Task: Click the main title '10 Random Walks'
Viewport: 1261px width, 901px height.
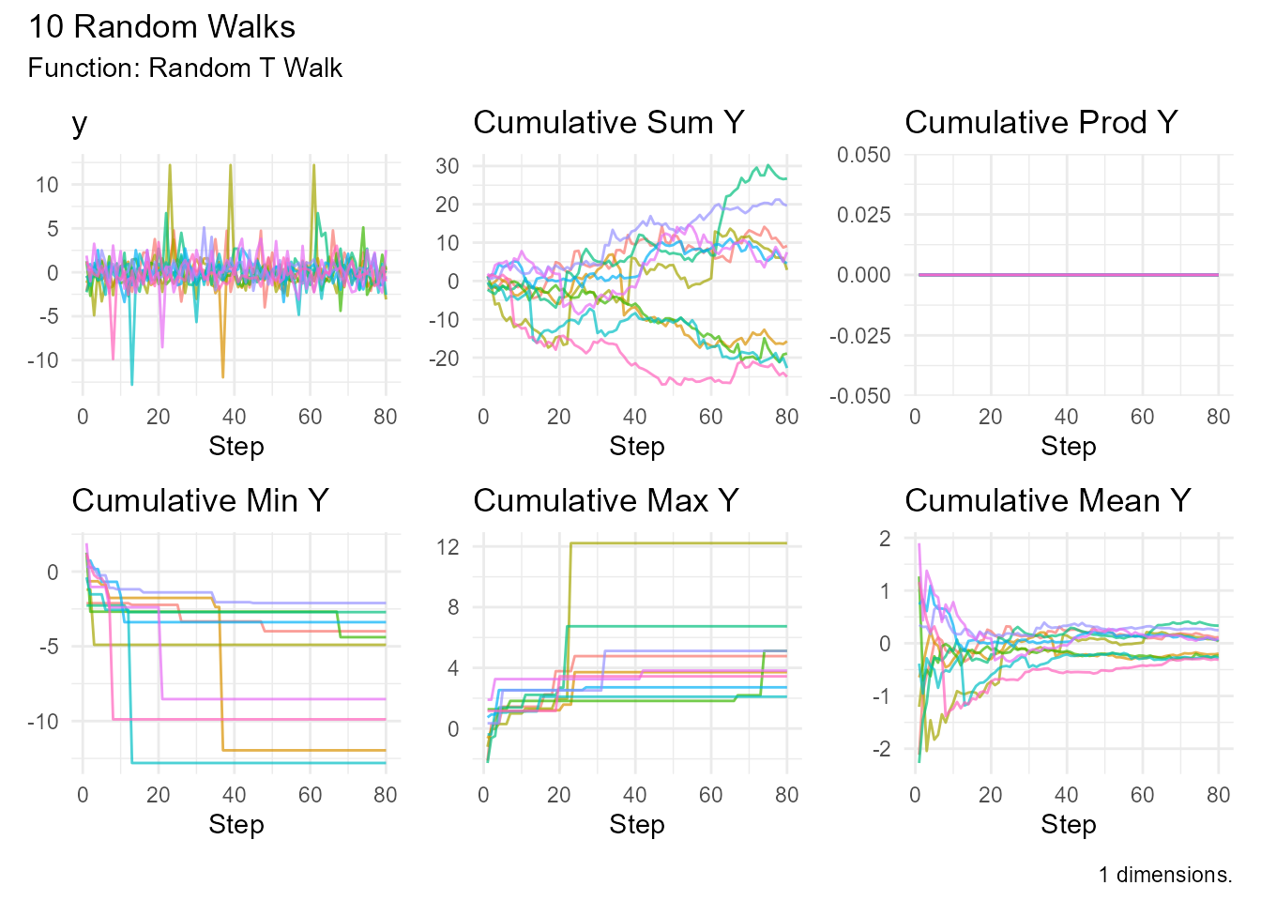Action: [161, 26]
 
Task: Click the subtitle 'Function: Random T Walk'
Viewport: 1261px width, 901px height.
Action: [185, 69]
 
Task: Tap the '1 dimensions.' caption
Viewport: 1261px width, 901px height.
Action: [1165, 875]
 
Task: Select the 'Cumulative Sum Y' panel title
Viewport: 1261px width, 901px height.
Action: [608, 123]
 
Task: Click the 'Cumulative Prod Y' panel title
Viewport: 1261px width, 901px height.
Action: [1041, 123]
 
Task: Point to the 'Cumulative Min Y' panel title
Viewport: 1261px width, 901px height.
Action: [200, 501]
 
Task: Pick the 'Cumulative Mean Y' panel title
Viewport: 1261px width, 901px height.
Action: [1047, 501]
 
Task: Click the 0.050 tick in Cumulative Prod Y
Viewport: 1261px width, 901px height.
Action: [864, 155]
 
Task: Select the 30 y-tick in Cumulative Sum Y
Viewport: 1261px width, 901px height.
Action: [448, 166]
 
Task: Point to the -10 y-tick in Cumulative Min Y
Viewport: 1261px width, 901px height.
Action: [43, 722]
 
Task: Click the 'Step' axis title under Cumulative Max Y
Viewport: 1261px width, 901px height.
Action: [636, 825]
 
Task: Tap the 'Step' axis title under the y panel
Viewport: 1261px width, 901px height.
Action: [235, 447]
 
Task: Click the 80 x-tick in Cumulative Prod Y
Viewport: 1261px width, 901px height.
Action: [1218, 417]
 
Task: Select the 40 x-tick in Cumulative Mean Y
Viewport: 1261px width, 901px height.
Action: [1066, 795]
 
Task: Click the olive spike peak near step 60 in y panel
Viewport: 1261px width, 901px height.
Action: [313, 166]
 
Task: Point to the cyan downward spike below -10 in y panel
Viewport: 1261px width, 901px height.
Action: [131, 384]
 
